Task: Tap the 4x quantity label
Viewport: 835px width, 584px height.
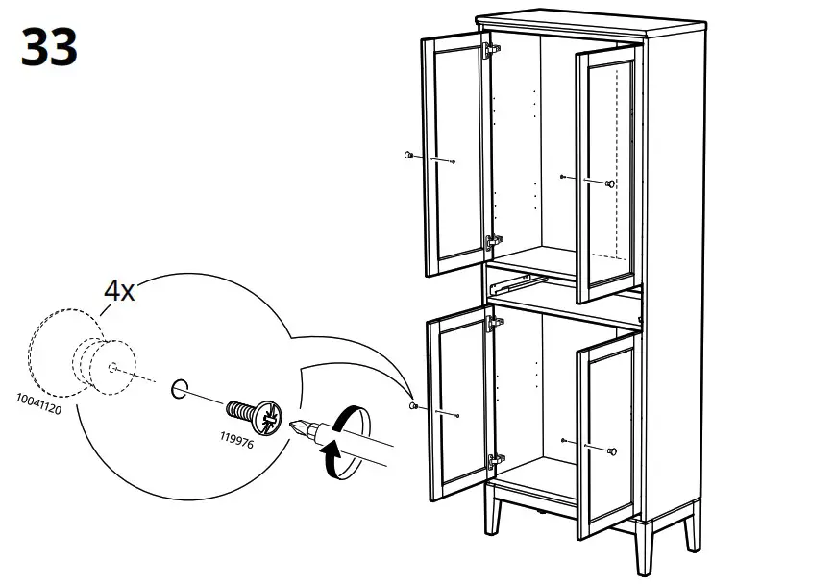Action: [x=119, y=291]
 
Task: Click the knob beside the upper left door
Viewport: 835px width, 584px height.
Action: [x=410, y=155]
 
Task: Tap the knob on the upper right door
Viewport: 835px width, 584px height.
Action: [x=610, y=183]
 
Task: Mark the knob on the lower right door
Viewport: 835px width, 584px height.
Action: [x=612, y=450]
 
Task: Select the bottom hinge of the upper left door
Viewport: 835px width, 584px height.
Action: [x=493, y=241]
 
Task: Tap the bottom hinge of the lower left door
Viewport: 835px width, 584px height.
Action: [x=495, y=461]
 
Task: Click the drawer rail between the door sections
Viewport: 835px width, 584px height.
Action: [x=512, y=283]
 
